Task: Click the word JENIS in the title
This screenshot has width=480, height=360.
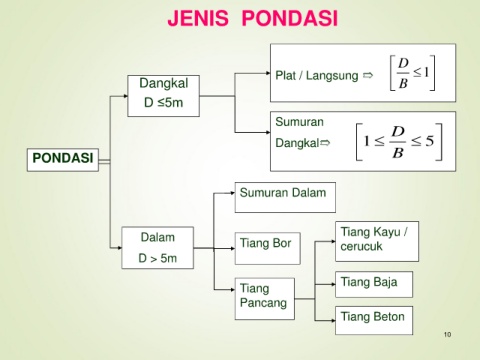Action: [x=198, y=18]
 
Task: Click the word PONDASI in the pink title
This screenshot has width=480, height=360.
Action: [x=290, y=18]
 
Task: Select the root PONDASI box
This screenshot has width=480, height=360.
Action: [x=63, y=160]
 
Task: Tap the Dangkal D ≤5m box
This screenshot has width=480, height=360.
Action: [x=163, y=96]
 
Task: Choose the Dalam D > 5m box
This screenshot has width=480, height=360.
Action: [x=157, y=248]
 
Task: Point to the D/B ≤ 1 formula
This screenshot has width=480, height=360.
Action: [x=413, y=73]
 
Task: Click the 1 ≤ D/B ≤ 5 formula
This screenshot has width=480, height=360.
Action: [x=399, y=142]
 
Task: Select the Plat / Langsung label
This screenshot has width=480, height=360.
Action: [x=317, y=76]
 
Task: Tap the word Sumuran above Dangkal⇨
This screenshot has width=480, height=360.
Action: [x=299, y=122]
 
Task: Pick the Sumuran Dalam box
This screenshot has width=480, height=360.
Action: [x=285, y=197]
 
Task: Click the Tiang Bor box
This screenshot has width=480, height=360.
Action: [x=267, y=248]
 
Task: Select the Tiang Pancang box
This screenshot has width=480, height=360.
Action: [x=265, y=299]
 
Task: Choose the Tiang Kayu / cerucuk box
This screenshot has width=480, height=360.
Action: [x=377, y=241]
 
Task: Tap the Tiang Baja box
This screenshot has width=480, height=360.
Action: [x=374, y=284]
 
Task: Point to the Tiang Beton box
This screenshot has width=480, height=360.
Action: [x=374, y=320]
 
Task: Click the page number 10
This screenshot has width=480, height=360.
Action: [x=447, y=334]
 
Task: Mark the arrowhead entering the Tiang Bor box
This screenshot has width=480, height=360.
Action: [x=233, y=248]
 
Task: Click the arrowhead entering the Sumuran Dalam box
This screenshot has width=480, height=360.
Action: [x=233, y=193]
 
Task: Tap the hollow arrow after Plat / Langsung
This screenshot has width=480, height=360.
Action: [x=368, y=76]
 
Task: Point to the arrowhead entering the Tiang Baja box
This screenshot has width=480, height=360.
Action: [x=333, y=284]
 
